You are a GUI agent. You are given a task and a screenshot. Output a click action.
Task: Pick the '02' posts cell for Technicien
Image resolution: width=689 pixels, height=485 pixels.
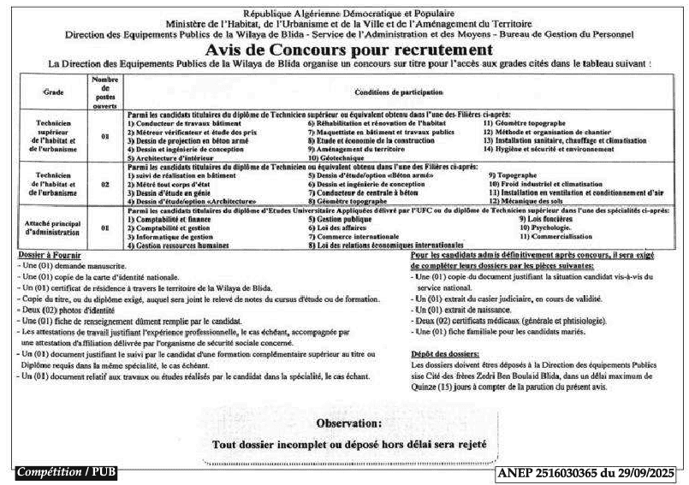(104, 184)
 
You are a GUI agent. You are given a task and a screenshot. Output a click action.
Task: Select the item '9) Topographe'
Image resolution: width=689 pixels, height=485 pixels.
(514, 174)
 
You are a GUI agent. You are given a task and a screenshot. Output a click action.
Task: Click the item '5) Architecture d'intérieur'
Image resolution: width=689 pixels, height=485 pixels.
(172, 158)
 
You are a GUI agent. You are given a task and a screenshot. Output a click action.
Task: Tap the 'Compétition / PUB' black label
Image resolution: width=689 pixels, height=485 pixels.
(66, 472)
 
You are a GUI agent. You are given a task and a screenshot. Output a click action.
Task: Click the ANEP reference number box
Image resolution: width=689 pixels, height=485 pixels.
(586, 472)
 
